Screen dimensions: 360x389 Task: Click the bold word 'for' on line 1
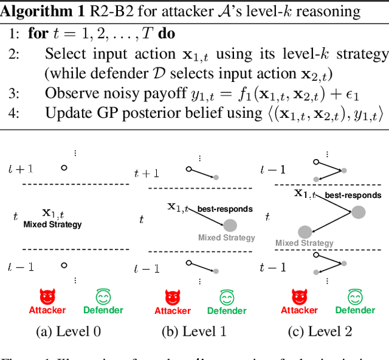click(x=38, y=33)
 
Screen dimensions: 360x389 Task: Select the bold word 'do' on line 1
click(x=166, y=33)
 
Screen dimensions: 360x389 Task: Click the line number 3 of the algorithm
click(x=13, y=93)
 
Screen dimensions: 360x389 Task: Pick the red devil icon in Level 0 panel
click(x=47, y=296)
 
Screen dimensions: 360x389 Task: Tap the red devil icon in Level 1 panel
click(x=173, y=296)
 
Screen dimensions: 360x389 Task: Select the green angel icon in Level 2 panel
click(x=355, y=296)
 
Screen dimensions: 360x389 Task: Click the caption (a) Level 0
click(x=70, y=331)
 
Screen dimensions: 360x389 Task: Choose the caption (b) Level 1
click(x=196, y=331)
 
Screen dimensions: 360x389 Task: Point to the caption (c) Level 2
click(x=320, y=331)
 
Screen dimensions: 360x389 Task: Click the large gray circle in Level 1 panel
click(x=230, y=225)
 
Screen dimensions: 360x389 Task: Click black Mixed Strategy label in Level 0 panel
click(x=52, y=225)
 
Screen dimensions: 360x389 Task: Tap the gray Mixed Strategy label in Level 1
click(x=227, y=238)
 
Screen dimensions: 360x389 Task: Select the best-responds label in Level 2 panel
click(x=353, y=195)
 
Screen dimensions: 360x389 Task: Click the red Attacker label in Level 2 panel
click(x=299, y=310)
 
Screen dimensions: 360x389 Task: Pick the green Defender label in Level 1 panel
click(x=227, y=311)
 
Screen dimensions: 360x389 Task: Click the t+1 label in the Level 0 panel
click(x=19, y=169)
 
